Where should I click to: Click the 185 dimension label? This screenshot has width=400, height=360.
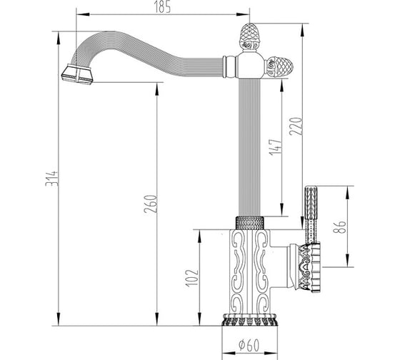coord(163,8)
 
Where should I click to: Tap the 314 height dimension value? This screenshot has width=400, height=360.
coord(51,179)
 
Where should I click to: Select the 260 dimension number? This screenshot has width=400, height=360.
coord(150,204)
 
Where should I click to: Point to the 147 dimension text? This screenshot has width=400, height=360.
coord(276,147)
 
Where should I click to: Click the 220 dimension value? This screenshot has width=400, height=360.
coord(296,126)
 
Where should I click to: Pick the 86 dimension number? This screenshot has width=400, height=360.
coord(340,226)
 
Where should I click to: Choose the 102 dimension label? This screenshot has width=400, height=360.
coord(192,278)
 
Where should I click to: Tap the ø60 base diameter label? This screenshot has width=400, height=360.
coord(249,345)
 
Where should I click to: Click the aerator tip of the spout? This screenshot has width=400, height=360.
coord(77,75)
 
